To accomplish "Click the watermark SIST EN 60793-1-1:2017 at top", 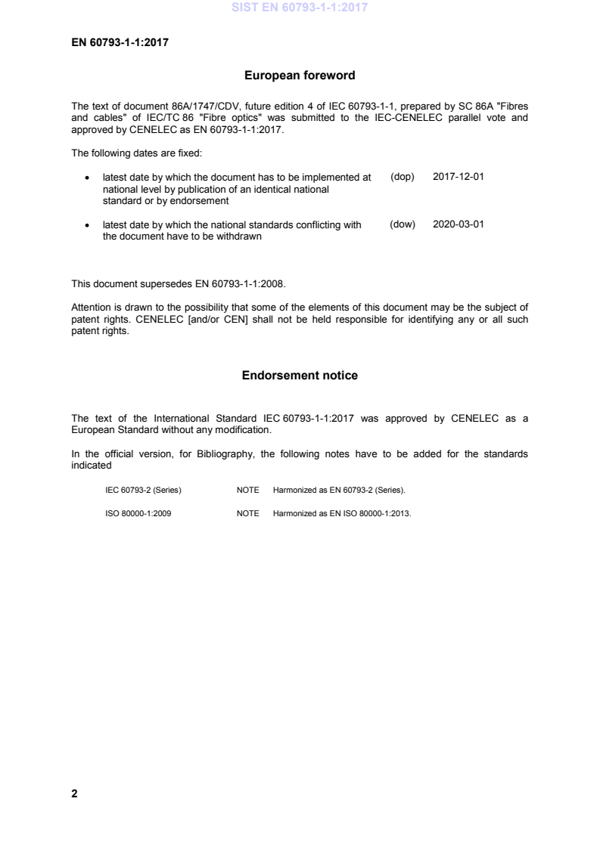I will pyautogui.click(x=300, y=9).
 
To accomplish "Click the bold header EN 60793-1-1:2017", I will pyautogui.click(x=120, y=42).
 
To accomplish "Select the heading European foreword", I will pyautogui.click(x=300, y=76).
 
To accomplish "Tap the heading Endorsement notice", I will pyautogui.click(x=300, y=376).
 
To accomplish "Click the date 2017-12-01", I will pyautogui.click(x=458, y=178).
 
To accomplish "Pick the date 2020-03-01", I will pyautogui.click(x=458, y=224).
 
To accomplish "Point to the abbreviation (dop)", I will pyautogui.click(x=403, y=178).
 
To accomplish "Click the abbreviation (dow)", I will pyautogui.click(x=403, y=224).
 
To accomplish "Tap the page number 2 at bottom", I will pyautogui.click(x=74, y=794).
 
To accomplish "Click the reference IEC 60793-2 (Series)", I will pyautogui.click(x=143, y=491).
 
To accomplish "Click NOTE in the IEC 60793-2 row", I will pyautogui.click(x=247, y=491).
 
